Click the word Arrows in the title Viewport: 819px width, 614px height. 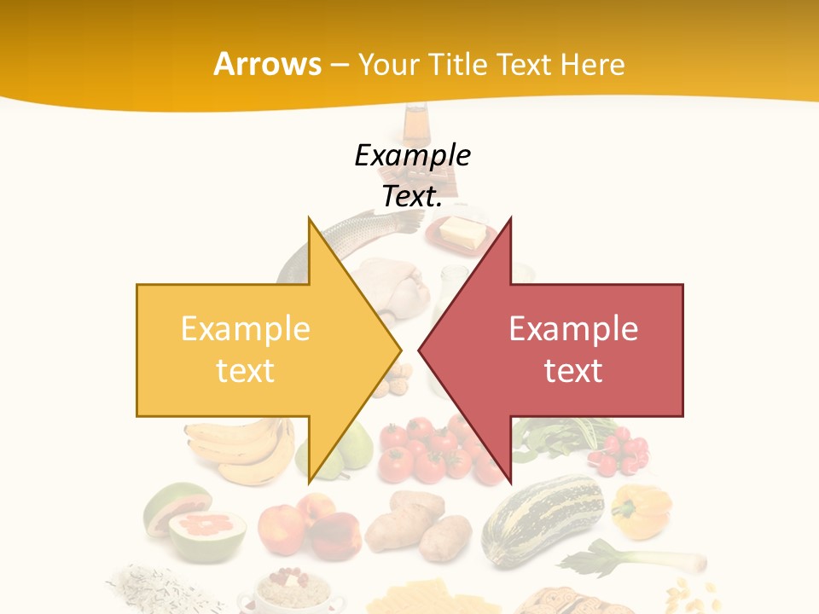pos(268,64)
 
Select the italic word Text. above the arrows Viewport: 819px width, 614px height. pos(412,196)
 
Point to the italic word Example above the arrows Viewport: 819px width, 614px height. pos(412,156)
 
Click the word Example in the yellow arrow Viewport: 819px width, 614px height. pos(245,329)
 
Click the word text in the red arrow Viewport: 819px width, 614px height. pos(573,370)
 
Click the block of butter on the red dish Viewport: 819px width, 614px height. pos(461,229)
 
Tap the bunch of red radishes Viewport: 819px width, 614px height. pos(619,453)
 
